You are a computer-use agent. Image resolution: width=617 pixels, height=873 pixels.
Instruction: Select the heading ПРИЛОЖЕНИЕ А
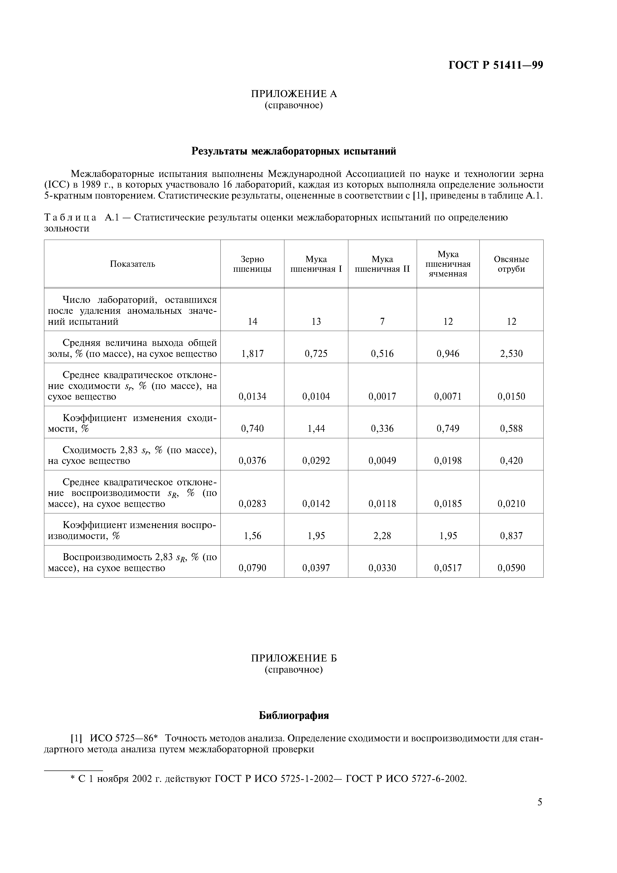coord(294,94)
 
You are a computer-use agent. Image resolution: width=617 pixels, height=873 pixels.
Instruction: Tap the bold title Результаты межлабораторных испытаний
coord(294,151)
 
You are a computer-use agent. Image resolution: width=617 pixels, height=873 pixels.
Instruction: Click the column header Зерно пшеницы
coord(253,264)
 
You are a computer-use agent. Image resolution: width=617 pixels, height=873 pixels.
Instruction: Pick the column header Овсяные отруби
coord(511,264)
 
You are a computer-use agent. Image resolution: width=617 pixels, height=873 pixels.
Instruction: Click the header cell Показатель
coord(132,264)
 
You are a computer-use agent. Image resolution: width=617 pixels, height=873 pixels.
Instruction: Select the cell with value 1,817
coord(253,354)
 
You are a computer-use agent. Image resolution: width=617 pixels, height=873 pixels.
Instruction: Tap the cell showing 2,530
coord(511,354)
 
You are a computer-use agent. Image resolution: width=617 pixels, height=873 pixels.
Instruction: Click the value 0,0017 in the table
coord(382,397)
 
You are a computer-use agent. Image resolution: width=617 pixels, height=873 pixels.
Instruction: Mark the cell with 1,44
coord(316,429)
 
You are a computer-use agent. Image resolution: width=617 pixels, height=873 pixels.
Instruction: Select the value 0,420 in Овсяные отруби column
coord(511,461)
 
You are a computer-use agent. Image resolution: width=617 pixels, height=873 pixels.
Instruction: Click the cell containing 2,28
coord(382,536)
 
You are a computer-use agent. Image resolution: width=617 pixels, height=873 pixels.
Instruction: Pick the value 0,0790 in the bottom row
coord(253,568)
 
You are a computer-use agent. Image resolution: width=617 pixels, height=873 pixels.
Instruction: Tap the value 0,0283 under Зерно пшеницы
coord(253,504)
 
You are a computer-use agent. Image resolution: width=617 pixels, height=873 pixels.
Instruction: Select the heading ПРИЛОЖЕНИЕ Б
coord(294,658)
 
